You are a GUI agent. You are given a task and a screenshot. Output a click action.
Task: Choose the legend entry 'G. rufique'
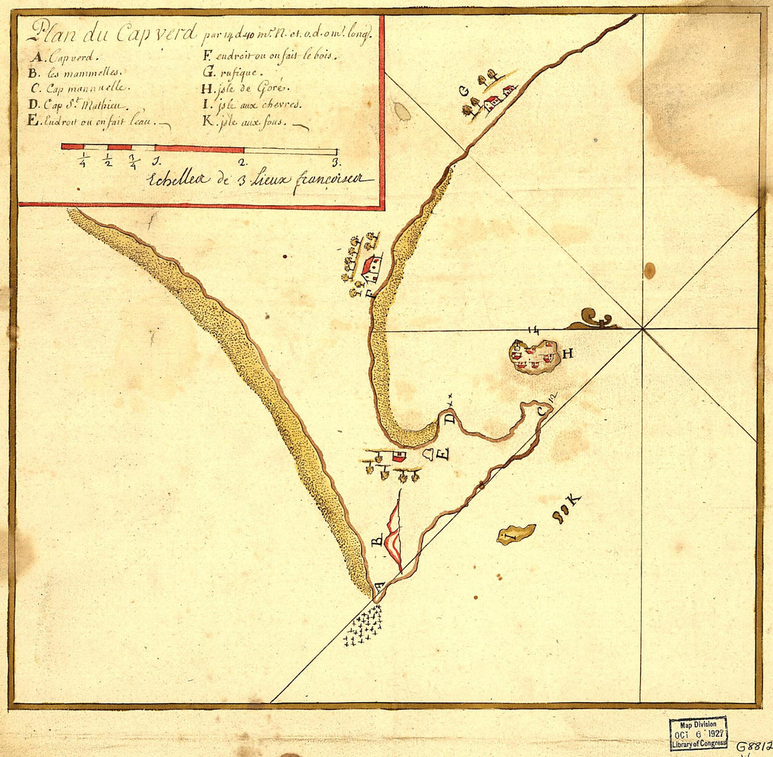233,72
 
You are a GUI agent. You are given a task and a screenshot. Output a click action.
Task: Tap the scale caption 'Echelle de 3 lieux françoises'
260,180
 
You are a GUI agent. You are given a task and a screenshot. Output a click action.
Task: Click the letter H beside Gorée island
567,354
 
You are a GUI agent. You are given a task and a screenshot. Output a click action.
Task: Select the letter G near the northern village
462,90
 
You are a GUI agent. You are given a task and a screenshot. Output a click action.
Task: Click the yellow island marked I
516,534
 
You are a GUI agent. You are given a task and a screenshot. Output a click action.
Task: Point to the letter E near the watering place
442,454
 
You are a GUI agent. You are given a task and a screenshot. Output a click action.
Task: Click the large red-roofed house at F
372,268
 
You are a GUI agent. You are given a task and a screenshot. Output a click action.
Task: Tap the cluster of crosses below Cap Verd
364,624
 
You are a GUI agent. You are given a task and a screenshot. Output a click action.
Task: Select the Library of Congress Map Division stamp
698,734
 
